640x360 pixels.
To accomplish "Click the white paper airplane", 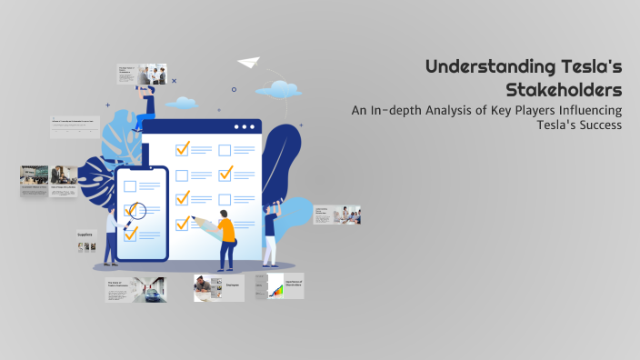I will coord(248,63).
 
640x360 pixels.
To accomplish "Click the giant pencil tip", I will coord(197,220).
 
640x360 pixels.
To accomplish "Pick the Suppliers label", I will coord(85,234).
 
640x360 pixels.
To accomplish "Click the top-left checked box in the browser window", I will coord(182,148).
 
